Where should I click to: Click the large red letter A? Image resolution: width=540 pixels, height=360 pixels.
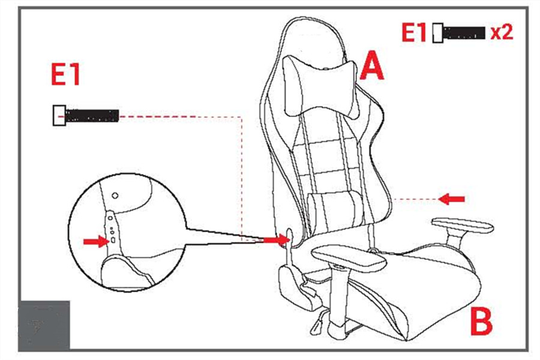pos(372,66)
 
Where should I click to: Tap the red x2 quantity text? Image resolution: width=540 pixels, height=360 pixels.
pos(502,32)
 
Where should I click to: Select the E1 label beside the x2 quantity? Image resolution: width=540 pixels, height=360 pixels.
pos(414,33)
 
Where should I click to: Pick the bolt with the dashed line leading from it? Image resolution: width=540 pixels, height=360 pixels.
pos(86,115)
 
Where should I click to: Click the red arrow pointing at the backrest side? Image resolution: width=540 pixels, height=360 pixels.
pos(451,199)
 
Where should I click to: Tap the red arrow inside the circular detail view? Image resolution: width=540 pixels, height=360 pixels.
pos(96,241)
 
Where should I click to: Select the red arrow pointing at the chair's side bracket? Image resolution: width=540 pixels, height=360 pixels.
pos(275,239)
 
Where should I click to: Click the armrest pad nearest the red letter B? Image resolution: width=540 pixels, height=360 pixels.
pos(463,226)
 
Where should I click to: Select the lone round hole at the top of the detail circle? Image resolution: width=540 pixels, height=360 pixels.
pos(115,196)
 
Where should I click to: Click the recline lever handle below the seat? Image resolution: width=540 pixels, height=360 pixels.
pos(316,326)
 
